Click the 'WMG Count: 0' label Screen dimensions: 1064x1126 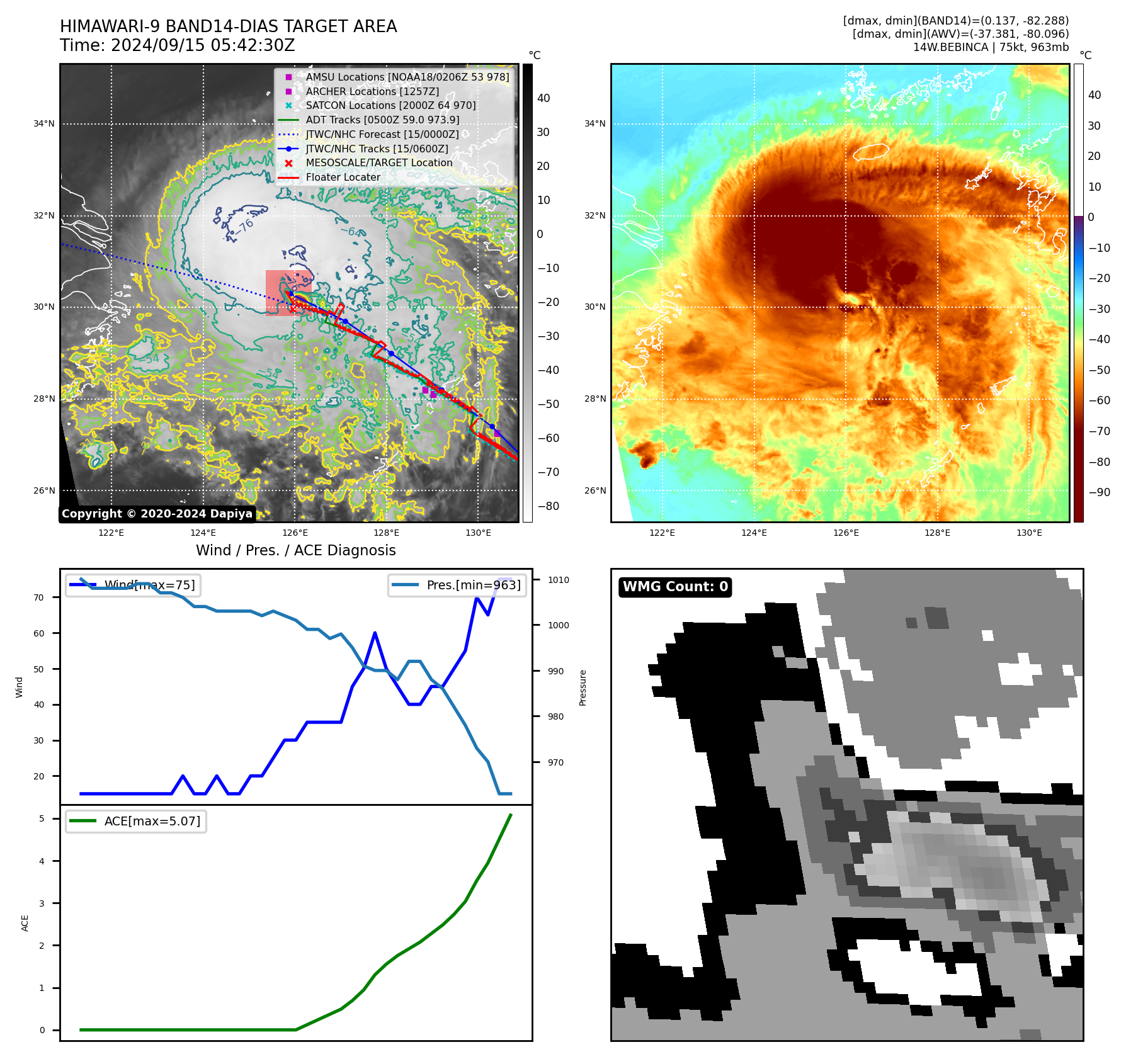pyautogui.click(x=675, y=587)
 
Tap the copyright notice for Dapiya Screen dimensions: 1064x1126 pyautogui.click(x=157, y=514)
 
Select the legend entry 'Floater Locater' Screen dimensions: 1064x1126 pyautogui.click(x=343, y=178)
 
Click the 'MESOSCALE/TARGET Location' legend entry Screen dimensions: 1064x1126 pyautogui.click(x=378, y=163)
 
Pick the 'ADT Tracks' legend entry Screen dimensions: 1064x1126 pyautogui.click(x=382, y=120)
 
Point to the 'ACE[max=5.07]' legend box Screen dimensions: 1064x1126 pyautogui.click(x=136, y=821)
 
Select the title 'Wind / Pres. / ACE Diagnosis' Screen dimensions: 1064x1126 pyautogui.click(x=295, y=550)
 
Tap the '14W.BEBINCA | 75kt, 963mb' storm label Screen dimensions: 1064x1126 pyautogui.click(x=991, y=47)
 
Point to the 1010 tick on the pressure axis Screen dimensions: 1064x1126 pyautogui.click(x=558, y=580)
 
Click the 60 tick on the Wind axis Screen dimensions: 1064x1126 pyautogui.click(x=39, y=633)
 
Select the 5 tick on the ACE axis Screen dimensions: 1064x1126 pyautogui.click(x=42, y=818)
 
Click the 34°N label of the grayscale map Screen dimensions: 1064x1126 pyautogui.click(x=44, y=124)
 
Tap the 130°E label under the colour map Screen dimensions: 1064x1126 pyautogui.click(x=1029, y=533)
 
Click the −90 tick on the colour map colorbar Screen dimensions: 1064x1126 pyautogui.click(x=1100, y=492)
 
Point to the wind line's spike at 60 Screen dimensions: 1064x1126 pyautogui.click(x=375, y=633)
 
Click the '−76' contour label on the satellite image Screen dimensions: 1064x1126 pyautogui.click(x=244, y=225)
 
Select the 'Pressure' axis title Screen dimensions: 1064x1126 pyautogui.click(x=583, y=688)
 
